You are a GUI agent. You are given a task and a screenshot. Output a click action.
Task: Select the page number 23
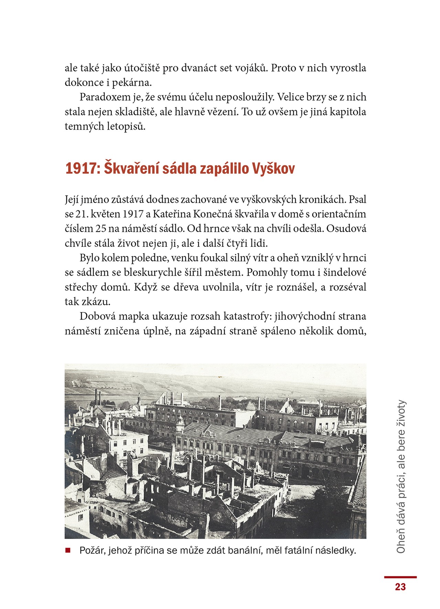(x=400, y=587)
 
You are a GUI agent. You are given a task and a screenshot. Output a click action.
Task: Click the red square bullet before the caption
(x=68, y=550)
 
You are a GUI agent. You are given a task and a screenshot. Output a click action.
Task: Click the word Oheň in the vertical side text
(x=401, y=543)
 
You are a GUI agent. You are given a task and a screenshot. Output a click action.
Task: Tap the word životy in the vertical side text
(x=401, y=413)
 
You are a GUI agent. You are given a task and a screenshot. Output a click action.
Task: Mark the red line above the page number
(x=400, y=577)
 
